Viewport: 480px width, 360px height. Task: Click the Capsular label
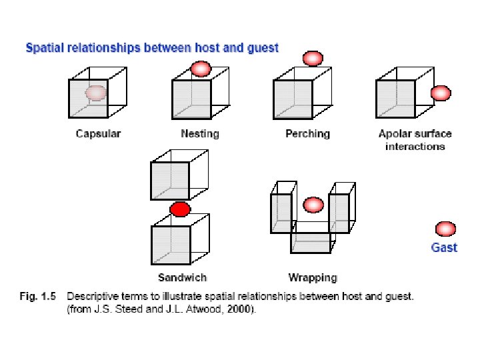coord(98,134)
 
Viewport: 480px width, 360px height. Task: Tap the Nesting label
coord(199,134)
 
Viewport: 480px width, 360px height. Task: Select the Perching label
coord(307,134)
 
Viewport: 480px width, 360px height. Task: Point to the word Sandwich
coord(182,277)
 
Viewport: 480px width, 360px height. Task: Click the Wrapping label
coord(313,277)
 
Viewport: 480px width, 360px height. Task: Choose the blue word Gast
coord(444,247)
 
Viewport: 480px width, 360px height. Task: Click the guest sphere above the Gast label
coord(444,229)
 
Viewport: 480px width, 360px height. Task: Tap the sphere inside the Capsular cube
coord(97,93)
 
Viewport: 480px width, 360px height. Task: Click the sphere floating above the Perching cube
coord(313,59)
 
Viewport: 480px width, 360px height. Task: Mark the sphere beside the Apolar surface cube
coord(441,93)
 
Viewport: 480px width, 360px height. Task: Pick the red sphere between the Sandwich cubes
coord(179,210)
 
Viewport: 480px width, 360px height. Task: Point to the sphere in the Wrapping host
coord(313,204)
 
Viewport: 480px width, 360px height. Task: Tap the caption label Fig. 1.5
coord(39,297)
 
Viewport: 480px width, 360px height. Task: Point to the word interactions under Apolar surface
coord(415,146)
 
